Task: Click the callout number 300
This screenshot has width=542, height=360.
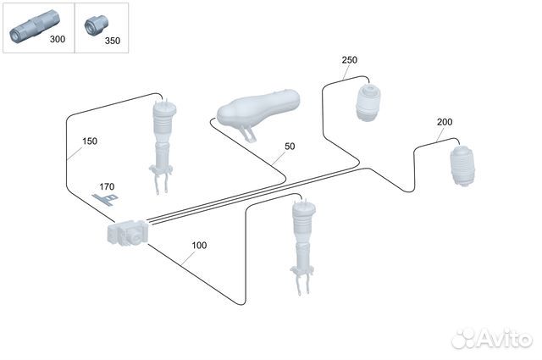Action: [x=57, y=40]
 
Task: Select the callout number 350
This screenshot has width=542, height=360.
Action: [x=112, y=40]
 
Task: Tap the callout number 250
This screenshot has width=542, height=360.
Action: [x=349, y=60]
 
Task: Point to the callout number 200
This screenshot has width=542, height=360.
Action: [x=445, y=122]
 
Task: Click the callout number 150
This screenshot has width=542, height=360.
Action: [x=90, y=141]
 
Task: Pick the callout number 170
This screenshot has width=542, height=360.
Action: [x=107, y=186]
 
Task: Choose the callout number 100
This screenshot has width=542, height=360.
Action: [x=199, y=246]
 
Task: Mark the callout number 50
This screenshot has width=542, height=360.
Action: [x=290, y=147]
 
